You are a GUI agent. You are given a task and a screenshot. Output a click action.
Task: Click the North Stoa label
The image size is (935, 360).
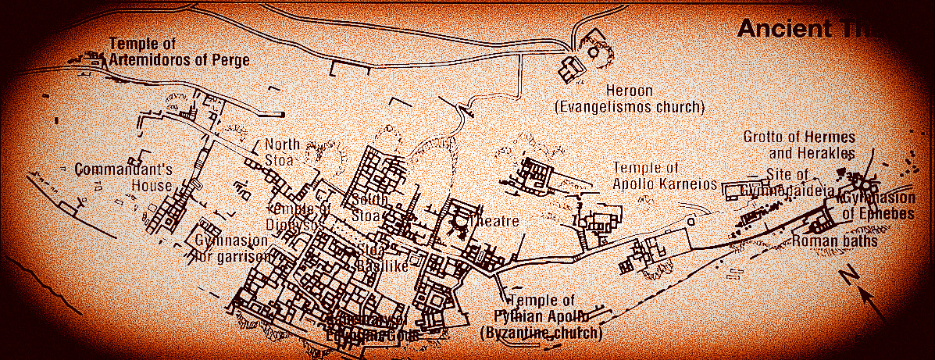coord(283,152)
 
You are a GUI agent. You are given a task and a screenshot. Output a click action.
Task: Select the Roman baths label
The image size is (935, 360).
coord(834,241)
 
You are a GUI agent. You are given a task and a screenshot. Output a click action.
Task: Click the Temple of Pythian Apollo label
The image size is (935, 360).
coord(541,308)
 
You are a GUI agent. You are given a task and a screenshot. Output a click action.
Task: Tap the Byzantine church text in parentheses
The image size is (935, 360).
coord(541,333)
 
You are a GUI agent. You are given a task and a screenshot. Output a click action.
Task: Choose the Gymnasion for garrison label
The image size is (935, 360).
coord(232,248)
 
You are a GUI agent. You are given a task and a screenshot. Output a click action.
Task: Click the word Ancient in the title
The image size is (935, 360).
coord(786,29)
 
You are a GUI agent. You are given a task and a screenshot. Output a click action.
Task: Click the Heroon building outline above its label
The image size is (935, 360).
coord(571,70)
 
